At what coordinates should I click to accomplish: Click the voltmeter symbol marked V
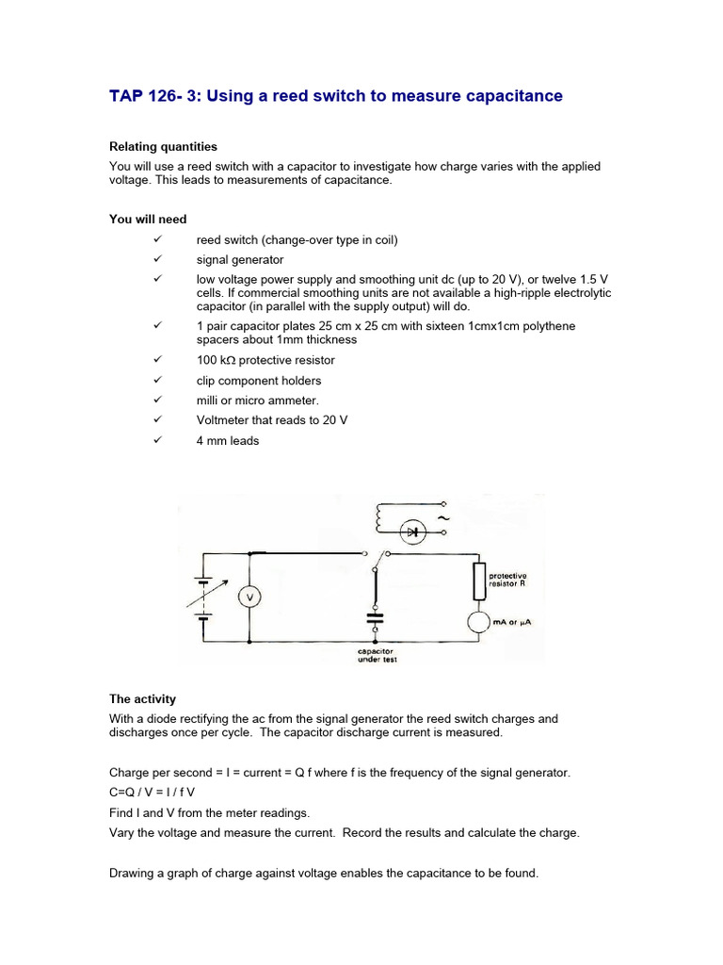click(x=249, y=597)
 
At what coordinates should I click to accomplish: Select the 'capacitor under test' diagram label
click(x=376, y=655)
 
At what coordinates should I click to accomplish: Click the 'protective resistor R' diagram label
click(x=507, y=580)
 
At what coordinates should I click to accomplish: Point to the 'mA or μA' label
click(x=512, y=622)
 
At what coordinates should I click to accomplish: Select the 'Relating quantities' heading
click(x=163, y=147)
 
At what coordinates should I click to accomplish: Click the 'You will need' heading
click(x=148, y=220)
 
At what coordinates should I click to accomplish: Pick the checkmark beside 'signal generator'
click(x=157, y=258)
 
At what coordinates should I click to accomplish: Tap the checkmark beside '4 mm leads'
click(x=157, y=439)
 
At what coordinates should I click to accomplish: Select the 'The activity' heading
click(x=142, y=699)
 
